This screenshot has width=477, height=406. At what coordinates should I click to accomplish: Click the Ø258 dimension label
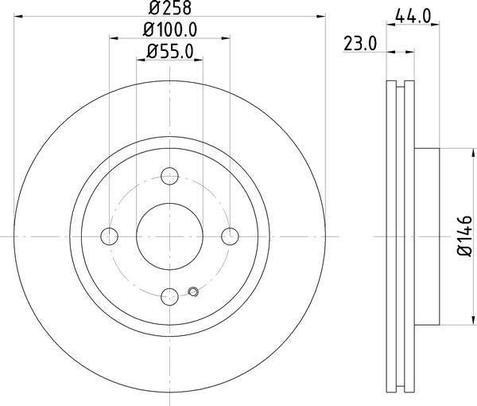(170, 8)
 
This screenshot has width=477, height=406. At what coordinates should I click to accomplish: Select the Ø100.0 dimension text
(170, 29)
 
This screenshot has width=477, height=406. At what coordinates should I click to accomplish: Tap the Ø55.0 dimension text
(170, 51)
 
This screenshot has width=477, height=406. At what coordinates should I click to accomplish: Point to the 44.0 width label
(413, 16)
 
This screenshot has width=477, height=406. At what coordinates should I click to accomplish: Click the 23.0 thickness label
(360, 44)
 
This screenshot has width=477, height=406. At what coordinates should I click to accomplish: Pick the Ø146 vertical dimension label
(465, 236)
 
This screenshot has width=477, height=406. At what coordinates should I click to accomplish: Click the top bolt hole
(169, 176)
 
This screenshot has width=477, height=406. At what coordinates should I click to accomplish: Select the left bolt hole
(109, 236)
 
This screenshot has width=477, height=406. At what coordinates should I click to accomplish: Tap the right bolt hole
(230, 236)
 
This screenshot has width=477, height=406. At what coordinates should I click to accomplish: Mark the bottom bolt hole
(169, 297)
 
